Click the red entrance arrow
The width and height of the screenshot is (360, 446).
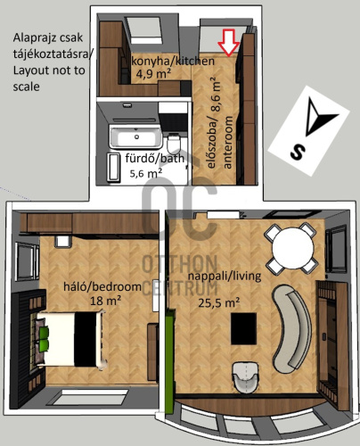(228, 43)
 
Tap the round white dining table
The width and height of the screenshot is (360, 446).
(293, 248)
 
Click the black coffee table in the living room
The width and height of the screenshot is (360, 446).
(243, 328)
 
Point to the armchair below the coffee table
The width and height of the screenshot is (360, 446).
(246, 376)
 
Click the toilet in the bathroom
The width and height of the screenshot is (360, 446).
(174, 144)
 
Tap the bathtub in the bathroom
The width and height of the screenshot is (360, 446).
(136, 136)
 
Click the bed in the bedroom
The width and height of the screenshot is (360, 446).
(71, 339)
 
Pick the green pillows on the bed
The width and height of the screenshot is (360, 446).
(44, 339)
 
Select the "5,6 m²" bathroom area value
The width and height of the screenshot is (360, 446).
(145, 173)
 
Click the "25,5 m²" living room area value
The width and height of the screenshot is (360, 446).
(219, 302)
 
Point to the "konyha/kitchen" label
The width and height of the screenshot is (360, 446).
(173, 62)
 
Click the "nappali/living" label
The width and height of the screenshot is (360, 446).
(225, 276)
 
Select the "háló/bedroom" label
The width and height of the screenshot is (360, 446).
(102, 286)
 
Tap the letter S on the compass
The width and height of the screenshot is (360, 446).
(298, 152)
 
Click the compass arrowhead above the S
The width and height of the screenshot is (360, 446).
(318, 116)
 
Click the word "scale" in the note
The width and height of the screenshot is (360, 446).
(26, 87)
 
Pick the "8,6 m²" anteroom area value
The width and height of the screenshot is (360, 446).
(217, 94)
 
